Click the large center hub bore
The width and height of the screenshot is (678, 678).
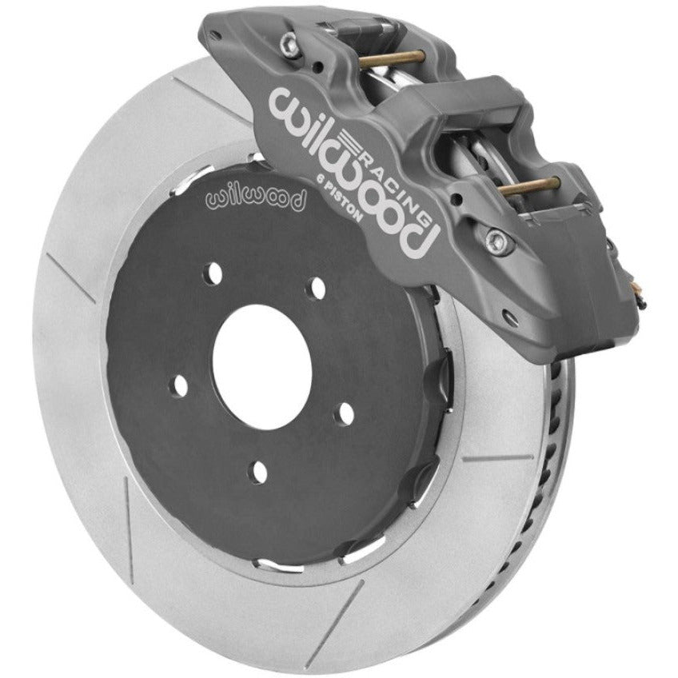[262, 367]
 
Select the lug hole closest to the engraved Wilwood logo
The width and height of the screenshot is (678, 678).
[213, 273]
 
